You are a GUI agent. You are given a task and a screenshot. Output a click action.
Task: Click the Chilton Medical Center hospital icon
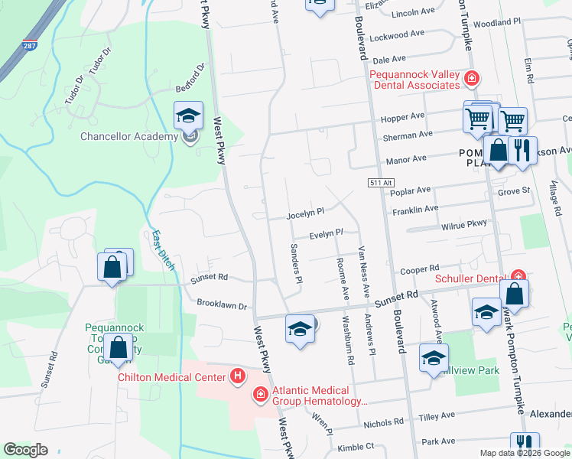(x=238, y=376)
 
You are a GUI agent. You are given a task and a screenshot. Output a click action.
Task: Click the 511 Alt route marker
(x=379, y=183)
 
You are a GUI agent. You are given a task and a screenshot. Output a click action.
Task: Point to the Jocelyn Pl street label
(x=306, y=211)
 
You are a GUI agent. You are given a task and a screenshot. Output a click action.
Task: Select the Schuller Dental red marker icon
(x=518, y=277)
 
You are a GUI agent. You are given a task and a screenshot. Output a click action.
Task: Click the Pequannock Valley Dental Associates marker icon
(x=472, y=78)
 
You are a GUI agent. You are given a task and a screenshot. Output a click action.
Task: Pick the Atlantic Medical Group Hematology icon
(x=260, y=394)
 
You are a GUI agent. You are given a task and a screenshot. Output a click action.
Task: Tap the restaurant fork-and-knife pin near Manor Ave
(x=522, y=151)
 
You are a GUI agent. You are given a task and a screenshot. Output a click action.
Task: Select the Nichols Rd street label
(x=384, y=422)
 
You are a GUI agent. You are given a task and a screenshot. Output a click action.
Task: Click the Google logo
(x=25, y=450)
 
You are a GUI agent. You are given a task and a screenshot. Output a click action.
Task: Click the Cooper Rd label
(x=419, y=269)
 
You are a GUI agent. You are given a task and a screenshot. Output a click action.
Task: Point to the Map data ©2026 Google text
(x=524, y=452)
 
